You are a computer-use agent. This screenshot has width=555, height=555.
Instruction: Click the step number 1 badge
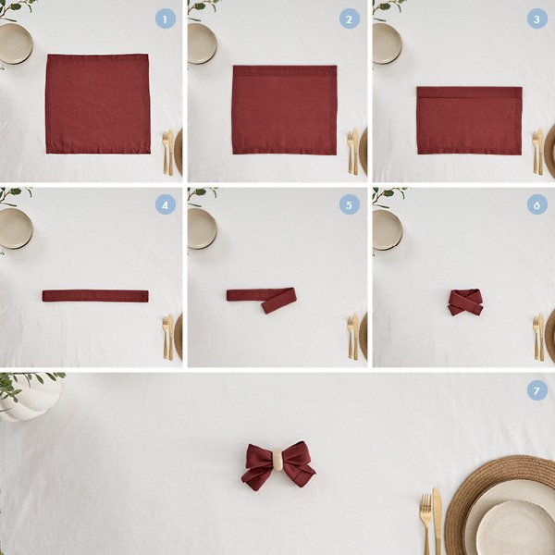[x=166, y=18]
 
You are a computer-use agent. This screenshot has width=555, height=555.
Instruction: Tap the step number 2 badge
[x=350, y=18]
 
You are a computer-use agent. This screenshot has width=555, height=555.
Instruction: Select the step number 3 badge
[x=536, y=18]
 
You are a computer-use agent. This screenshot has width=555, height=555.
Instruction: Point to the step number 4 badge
[x=166, y=204]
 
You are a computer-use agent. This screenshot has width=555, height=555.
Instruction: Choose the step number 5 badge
[x=350, y=204]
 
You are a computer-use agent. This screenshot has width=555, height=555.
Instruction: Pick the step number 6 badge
[x=536, y=204]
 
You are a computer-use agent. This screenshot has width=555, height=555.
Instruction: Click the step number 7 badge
[x=536, y=390]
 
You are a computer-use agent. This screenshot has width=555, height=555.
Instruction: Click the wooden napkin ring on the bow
[x=278, y=460]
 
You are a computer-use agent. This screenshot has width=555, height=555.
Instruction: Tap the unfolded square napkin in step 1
[x=98, y=104]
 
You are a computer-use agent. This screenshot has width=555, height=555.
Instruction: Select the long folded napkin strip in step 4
[x=95, y=296]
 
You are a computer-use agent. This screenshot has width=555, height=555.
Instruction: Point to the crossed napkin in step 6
[x=465, y=302]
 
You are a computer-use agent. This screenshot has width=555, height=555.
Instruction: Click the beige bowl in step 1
[x=16, y=43]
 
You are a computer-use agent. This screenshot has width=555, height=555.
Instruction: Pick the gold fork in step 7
[x=425, y=524]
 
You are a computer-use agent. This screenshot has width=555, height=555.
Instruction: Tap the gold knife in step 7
[x=438, y=521]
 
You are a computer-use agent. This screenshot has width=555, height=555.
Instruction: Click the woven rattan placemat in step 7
[x=499, y=505]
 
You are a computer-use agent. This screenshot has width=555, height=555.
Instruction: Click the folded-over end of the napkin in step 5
[x=279, y=301]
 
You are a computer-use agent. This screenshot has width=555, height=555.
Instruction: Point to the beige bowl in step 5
[x=202, y=228]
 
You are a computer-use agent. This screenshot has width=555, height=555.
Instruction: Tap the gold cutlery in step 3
[x=538, y=153]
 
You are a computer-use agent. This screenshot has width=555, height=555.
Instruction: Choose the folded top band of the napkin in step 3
[x=469, y=92]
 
